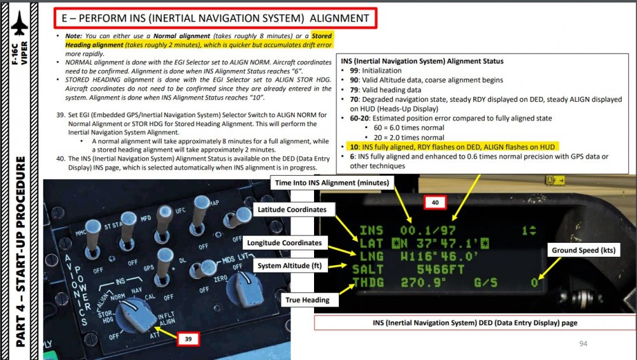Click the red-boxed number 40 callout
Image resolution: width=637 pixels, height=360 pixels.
[436, 203]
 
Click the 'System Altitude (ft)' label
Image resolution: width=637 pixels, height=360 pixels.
[293, 265]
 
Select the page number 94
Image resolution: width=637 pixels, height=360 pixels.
[584, 344]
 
